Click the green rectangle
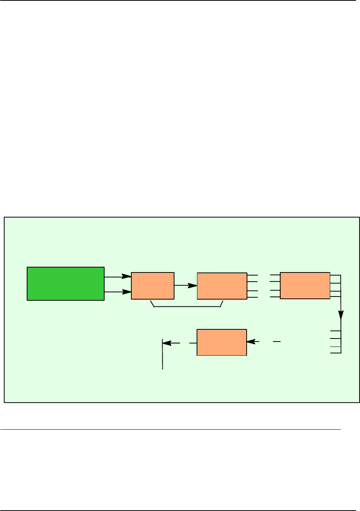(66, 284)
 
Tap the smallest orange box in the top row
(153, 285)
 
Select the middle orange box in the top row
(222, 286)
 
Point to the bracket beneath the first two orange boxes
(187, 306)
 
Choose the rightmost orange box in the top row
(305, 285)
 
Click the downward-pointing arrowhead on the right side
(341, 315)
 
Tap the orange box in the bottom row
(222, 342)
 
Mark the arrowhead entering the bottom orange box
(250, 342)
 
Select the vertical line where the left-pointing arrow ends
(163, 355)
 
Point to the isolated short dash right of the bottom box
(277, 341)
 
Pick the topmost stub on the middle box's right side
(252, 275)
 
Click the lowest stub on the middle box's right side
(252, 297)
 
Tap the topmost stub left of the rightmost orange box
(275, 275)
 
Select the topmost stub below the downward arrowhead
(335, 331)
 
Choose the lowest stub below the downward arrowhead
(335, 353)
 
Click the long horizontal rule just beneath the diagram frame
(170, 430)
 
